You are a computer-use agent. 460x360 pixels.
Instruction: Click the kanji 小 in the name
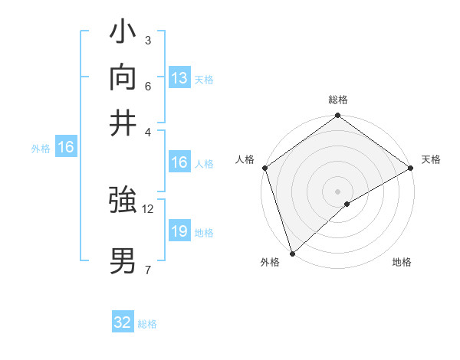point(123,34)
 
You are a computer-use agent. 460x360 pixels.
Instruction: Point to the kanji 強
point(123,201)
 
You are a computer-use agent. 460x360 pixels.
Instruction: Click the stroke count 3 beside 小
point(147,40)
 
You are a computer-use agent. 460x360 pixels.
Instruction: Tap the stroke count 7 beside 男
point(147,269)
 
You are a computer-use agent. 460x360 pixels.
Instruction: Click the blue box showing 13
point(179,78)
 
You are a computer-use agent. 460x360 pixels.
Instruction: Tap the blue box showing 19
point(179,231)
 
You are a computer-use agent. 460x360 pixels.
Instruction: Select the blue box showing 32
point(123,322)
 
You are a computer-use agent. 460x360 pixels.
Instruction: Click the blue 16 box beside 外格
point(66,147)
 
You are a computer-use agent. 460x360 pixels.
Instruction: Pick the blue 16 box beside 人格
point(179,162)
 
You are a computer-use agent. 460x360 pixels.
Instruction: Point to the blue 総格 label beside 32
point(148,324)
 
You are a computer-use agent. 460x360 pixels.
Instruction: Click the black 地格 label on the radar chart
point(402,263)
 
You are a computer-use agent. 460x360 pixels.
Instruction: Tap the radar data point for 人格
point(264,168)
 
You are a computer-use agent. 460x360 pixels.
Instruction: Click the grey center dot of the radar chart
point(337,191)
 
